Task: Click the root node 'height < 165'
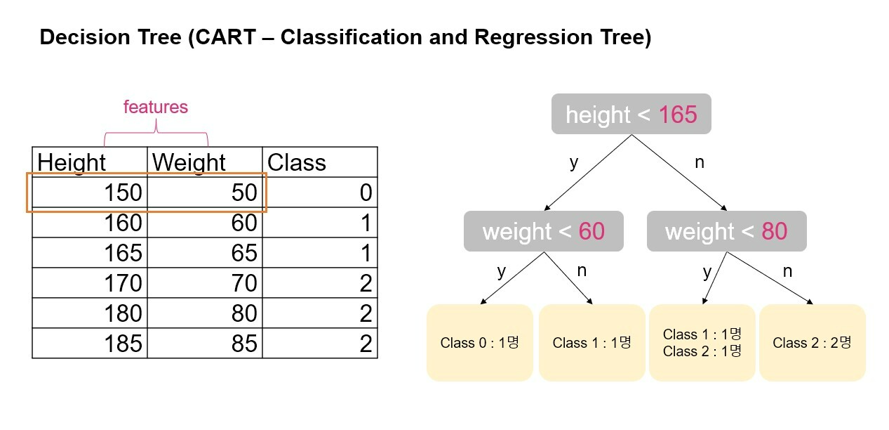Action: click(x=631, y=114)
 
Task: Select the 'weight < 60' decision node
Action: click(x=543, y=231)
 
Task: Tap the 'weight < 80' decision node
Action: click(x=726, y=231)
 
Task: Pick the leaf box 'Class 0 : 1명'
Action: click(x=479, y=343)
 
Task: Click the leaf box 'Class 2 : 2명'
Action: click(x=812, y=343)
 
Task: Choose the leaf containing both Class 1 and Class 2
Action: click(x=702, y=343)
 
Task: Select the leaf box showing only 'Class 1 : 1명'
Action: click(x=591, y=343)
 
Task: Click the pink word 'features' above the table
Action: click(x=156, y=107)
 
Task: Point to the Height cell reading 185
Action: click(x=90, y=344)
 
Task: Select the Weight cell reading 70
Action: click(x=205, y=283)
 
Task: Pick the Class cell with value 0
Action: click(x=319, y=193)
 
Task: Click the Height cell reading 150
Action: click(x=90, y=193)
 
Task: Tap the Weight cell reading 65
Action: click(x=205, y=253)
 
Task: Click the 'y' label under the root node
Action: click(x=574, y=162)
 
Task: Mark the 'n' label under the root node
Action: click(x=699, y=162)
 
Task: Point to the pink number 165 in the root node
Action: click(x=678, y=114)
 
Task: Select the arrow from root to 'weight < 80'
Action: click(x=679, y=173)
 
